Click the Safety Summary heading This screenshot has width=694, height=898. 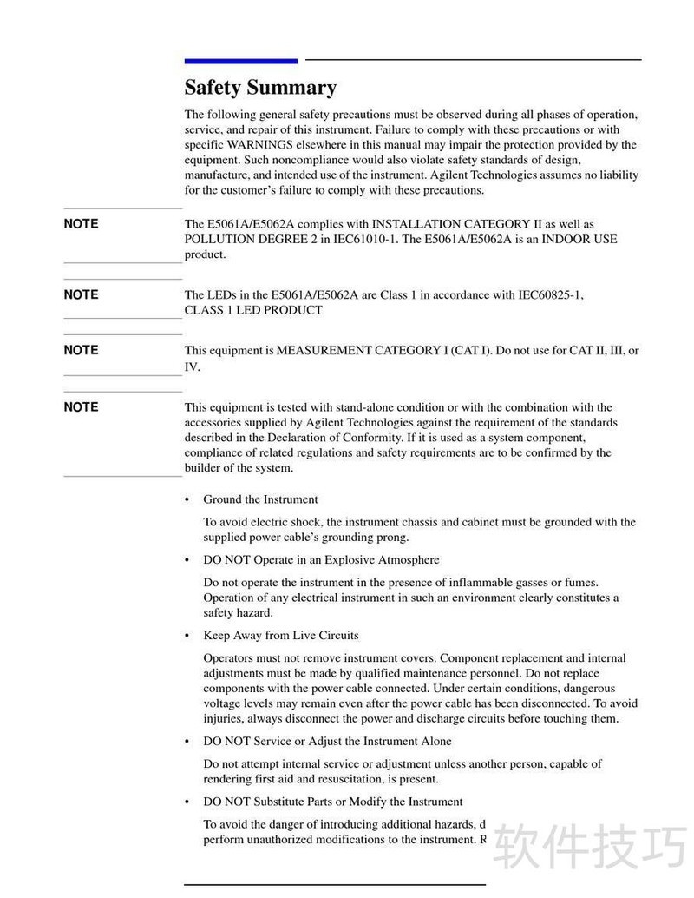click(x=260, y=88)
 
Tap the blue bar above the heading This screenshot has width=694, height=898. click(x=240, y=61)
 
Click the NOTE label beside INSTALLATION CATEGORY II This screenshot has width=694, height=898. click(x=81, y=224)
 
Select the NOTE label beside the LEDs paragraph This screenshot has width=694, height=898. click(x=81, y=294)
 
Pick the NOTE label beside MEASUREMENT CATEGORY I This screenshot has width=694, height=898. click(x=81, y=350)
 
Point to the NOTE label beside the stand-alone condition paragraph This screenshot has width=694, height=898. click(x=81, y=406)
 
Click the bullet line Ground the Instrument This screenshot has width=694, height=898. click(x=260, y=499)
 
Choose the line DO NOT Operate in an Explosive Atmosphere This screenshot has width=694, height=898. click(x=321, y=560)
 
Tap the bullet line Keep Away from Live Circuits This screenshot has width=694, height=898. click(x=280, y=636)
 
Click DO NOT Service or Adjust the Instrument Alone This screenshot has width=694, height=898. click(x=327, y=742)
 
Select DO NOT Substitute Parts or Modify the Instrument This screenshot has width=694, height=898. click(x=332, y=802)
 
